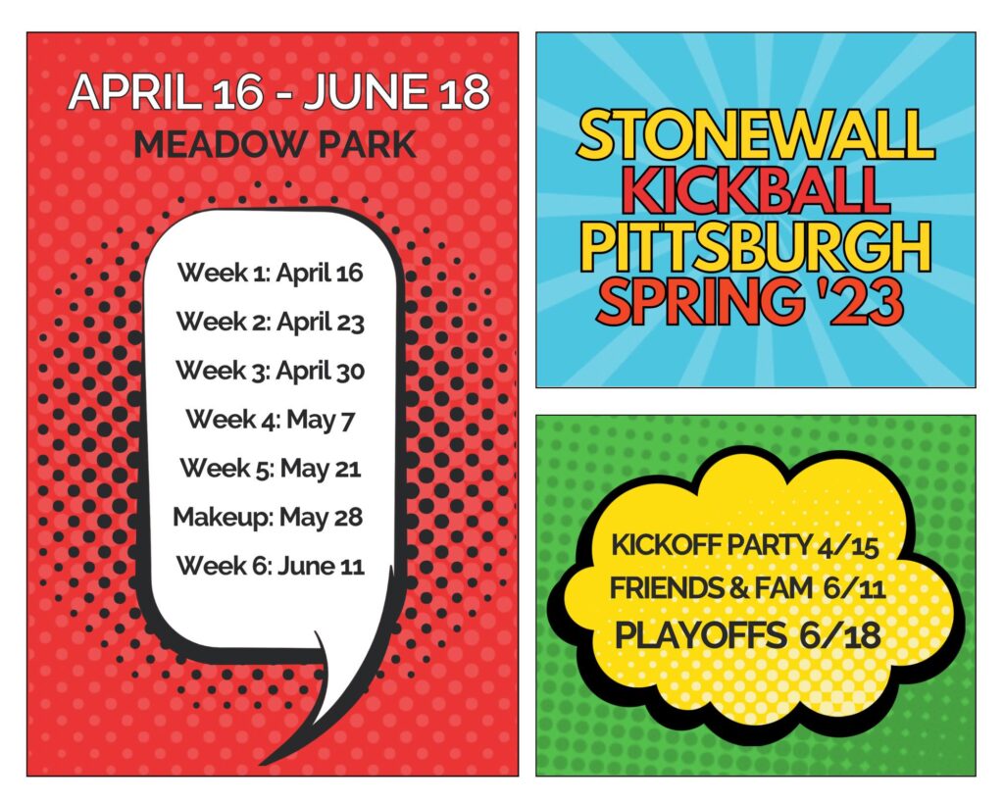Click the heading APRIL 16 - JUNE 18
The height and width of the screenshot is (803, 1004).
pyautogui.click(x=278, y=91)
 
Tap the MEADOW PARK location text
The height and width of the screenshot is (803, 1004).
pyautogui.click(x=276, y=145)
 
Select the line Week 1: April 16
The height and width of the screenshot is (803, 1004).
pyautogui.click(x=271, y=273)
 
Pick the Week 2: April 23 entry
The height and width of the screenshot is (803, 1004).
pyautogui.click(x=271, y=322)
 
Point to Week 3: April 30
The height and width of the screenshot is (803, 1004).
pyautogui.click(x=271, y=370)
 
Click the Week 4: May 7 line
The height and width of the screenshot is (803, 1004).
pyautogui.click(x=271, y=420)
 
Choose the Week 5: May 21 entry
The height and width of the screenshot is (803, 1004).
pyautogui.click(x=271, y=468)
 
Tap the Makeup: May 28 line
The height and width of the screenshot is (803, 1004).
pyautogui.click(x=269, y=517)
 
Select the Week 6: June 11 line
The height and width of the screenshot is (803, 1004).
pyautogui.click(x=271, y=566)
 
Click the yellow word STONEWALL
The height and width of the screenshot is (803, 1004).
pyautogui.click(x=756, y=133)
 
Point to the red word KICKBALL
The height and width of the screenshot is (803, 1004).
pyautogui.click(x=756, y=189)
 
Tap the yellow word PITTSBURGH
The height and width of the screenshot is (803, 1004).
pyautogui.click(x=756, y=245)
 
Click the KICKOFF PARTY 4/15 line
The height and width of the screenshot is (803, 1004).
pyautogui.click(x=745, y=545)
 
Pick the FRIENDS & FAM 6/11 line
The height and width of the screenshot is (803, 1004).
pyautogui.click(x=747, y=588)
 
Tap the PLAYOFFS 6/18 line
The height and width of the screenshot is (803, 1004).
pyautogui.click(x=748, y=635)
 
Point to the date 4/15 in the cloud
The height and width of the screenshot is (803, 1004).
pyautogui.click(x=848, y=547)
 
